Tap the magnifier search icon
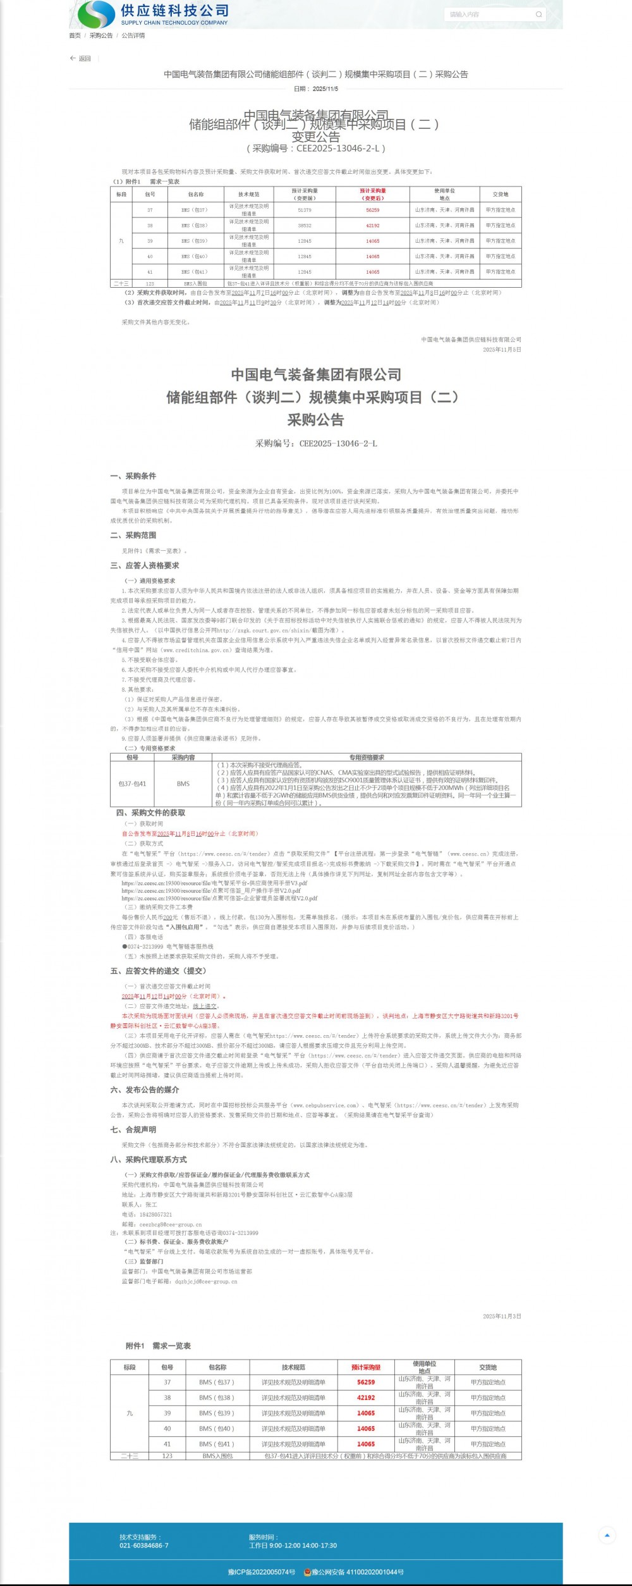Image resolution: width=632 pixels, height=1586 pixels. [538, 15]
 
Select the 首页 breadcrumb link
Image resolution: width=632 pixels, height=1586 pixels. [75, 35]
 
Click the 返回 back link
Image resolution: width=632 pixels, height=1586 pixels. [81, 59]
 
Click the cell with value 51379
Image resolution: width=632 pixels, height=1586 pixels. [305, 210]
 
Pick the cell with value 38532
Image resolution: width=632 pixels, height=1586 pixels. [305, 225]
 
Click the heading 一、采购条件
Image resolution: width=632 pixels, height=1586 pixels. [133, 476]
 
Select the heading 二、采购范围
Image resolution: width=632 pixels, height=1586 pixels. [133, 536]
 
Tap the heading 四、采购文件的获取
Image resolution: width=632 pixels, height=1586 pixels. [150, 813]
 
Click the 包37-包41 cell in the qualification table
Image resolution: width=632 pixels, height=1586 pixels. [132, 784]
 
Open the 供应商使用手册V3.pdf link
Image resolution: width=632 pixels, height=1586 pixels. [215, 883]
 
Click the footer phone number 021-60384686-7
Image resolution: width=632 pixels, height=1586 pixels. [144, 1546]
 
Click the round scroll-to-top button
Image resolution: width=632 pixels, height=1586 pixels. [607, 1535]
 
